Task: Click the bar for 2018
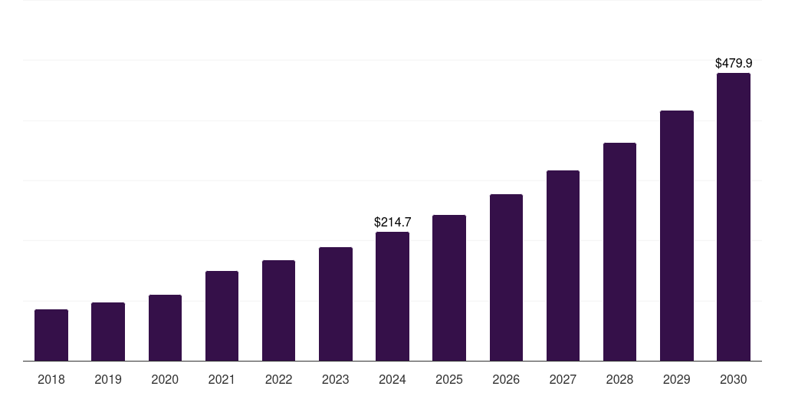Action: pos(51,335)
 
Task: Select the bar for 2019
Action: pos(108,332)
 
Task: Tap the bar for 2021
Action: pos(222,316)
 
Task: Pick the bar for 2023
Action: pos(336,304)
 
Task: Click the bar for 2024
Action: pos(392,296)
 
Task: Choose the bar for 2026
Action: pos(506,278)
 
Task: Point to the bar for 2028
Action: pos(619,252)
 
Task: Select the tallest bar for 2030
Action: pos(734,217)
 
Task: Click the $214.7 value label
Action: pos(392,222)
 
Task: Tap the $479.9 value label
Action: pos(734,63)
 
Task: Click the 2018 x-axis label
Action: pos(51,379)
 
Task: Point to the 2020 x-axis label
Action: pos(165,379)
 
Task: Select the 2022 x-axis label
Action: pos(278,379)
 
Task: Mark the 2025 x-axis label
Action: pos(449,379)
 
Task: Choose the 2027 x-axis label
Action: pos(563,379)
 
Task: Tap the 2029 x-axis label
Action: pos(676,379)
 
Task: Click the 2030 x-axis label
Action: pos(734,379)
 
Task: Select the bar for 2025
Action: pos(449,288)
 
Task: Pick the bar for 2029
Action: pos(676,236)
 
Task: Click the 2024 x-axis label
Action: pos(392,379)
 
